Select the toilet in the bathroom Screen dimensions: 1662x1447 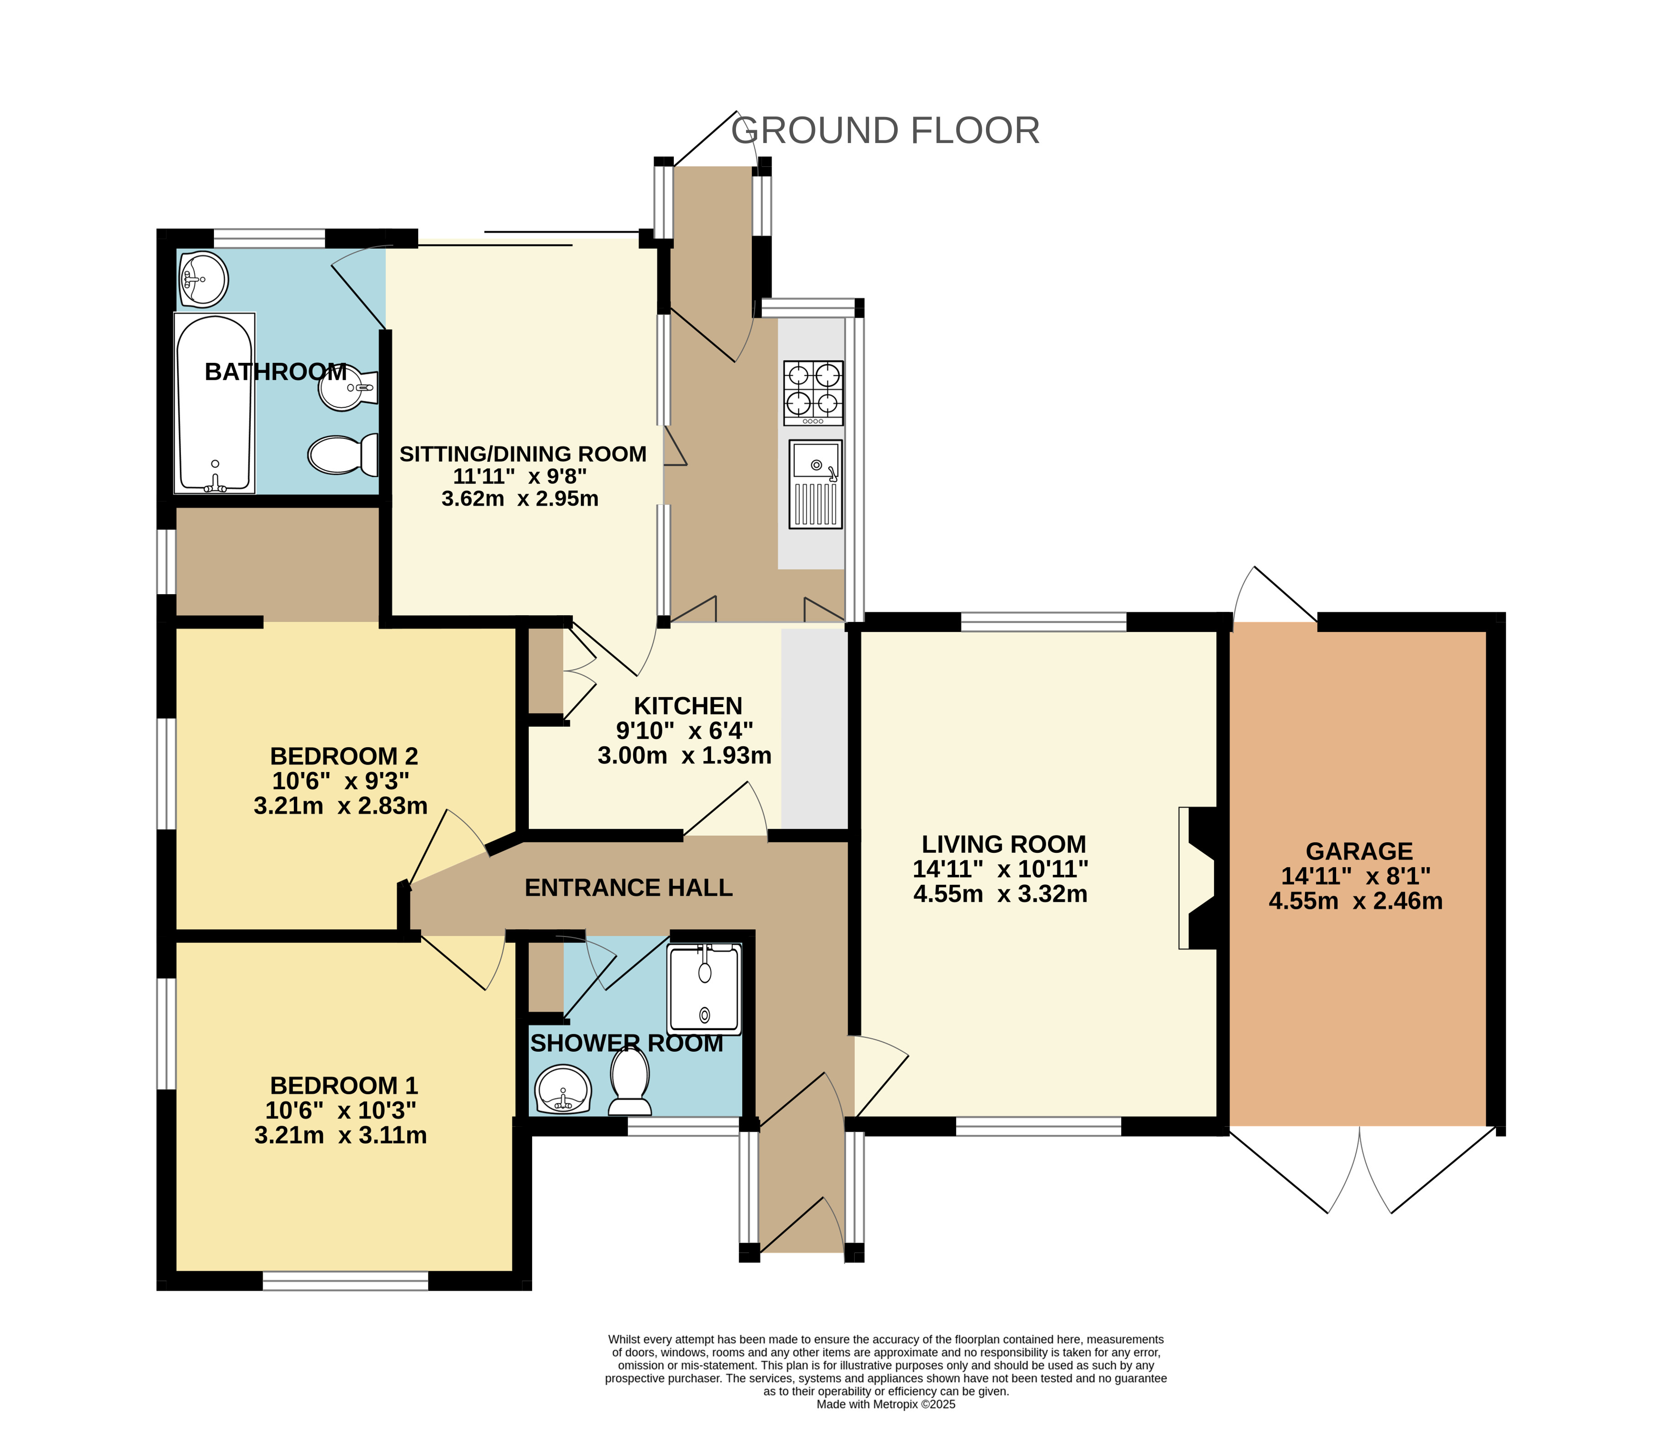(x=343, y=455)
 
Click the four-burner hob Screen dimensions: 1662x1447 (x=813, y=393)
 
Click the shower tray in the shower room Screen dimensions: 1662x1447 (x=703, y=989)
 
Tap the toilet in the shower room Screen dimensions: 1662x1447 (x=630, y=1079)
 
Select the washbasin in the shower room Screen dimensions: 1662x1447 (x=563, y=1089)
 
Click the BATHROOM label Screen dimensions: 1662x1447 (x=275, y=372)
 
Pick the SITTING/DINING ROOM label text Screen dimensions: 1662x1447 (x=522, y=455)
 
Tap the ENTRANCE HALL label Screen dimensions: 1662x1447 (x=629, y=888)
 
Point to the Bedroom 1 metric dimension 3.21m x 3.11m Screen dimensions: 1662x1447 (x=340, y=1135)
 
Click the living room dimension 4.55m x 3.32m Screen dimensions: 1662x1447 (x=1001, y=895)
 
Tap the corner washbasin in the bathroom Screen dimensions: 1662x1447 (x=202, y=279)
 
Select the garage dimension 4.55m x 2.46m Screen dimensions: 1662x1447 (x=1355, y=901)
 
